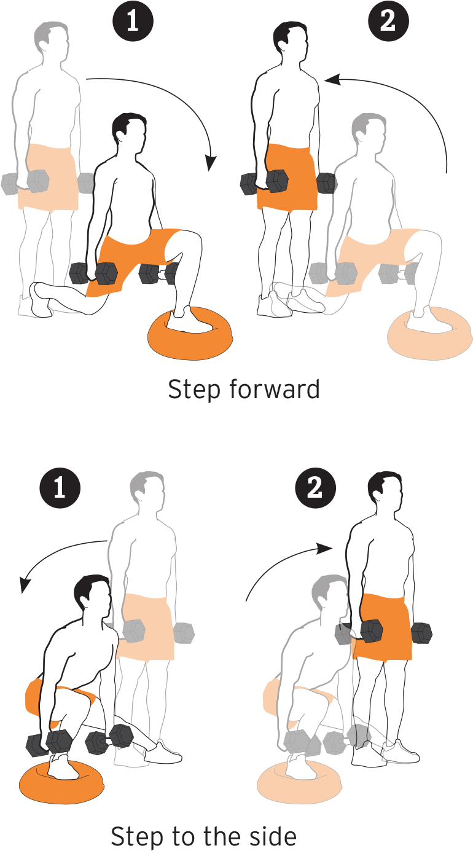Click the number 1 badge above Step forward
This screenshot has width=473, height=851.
(x=133, y=21)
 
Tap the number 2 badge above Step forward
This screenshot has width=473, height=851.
(x=388, y=21)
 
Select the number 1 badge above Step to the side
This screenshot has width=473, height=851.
(x=60, y=487)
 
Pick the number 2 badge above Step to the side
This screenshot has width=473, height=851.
(x=315, y=487)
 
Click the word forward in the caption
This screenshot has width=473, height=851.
(x=275, y=389)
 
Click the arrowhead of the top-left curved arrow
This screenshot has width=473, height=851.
(x=210, y=163)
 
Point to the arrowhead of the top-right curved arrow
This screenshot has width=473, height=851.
(x=332, y=80)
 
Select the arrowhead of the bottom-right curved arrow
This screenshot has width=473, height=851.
(x=324, y=548)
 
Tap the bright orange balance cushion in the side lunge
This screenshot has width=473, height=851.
(x=61, y=780)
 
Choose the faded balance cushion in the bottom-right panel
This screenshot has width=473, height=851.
(x=299, y=780)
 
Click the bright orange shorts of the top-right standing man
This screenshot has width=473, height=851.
(x=287, y=177)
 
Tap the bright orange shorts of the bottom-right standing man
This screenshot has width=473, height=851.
(x=382, y=627)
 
